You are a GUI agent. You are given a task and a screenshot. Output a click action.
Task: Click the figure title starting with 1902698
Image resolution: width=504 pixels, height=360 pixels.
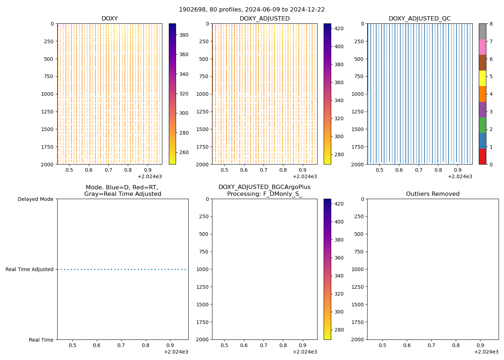tap(252, 10)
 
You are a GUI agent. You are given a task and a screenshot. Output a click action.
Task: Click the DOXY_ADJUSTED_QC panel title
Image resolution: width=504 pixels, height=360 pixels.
tap(419, 19)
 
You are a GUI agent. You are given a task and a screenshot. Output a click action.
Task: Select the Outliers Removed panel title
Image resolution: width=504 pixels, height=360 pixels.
tap(433, 194)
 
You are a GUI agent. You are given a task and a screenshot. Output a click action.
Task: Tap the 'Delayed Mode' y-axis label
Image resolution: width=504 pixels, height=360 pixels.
tap(35, 199)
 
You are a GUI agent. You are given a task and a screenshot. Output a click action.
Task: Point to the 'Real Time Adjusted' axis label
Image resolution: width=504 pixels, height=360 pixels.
tap(29, 269)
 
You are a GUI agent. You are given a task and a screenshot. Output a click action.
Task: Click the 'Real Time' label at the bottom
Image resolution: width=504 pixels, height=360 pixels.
tap(41, 340)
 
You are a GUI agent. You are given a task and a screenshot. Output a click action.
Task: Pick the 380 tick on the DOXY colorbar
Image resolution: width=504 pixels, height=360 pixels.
tap(184, 35)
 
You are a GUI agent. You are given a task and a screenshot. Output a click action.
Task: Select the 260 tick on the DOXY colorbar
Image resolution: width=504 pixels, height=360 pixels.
tap(184, 152)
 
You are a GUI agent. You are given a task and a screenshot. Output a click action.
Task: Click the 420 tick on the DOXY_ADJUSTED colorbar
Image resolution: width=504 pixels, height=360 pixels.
tap(339, 28)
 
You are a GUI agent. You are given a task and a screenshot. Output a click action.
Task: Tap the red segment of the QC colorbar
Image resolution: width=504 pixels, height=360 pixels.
tap(482, 157)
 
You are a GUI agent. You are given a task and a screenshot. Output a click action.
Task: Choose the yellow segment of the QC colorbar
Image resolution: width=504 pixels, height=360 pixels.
tap(482, 78)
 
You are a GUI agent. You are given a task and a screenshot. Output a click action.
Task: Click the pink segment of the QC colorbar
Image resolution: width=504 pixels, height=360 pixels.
tap(482, 47)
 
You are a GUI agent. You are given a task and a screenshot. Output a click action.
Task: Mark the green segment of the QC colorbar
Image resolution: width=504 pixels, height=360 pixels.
tap(482, 125)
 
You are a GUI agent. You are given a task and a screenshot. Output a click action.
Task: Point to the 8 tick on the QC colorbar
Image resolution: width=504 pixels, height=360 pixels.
tap(490, 24)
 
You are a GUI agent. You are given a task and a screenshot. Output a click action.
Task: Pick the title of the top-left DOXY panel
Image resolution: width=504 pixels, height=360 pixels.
tap(109, 19)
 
